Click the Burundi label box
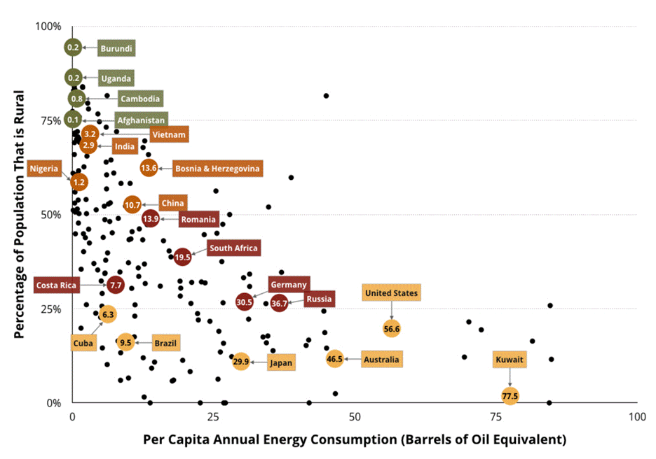[116, 48]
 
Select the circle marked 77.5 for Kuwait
[510, 396]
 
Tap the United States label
[391, 293]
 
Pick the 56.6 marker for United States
[392, 328]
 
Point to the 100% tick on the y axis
[48, 27]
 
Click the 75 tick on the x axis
[496, 417]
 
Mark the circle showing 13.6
[149, 168]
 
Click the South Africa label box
[233, 248]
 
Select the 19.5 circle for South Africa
[182, 257]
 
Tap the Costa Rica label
[57, 285]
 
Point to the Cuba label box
[83, 344]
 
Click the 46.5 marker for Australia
[335, 359]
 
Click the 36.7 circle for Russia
[280, 303]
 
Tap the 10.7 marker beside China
[132, 205]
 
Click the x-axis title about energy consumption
[354, 440]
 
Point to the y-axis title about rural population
[20, 214]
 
